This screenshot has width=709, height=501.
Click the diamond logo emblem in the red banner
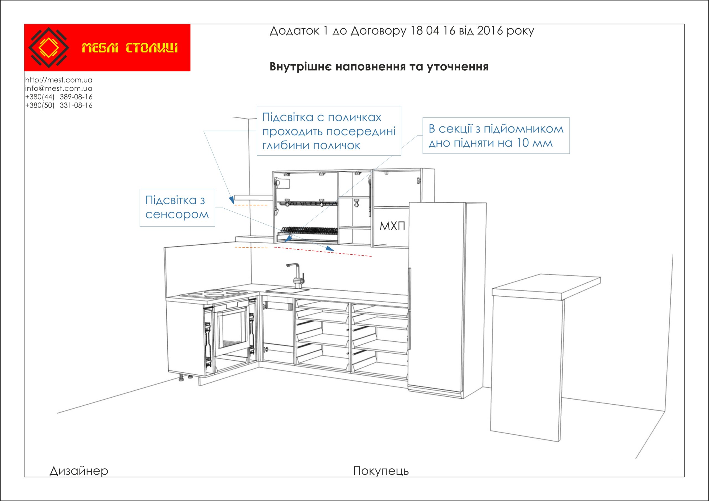[49, 48]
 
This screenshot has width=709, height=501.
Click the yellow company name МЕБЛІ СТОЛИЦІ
[130, 48]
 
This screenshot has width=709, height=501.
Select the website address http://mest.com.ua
[59, 80]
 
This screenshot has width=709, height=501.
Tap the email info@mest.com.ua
[59, 88]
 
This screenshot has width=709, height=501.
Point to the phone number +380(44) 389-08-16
[59, 97]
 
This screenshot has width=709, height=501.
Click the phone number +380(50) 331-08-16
[59, 105]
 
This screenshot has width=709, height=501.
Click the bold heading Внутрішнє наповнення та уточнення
[379, 67]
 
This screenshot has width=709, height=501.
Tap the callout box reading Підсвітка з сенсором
[177, 208]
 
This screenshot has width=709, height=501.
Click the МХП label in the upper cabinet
[392, 226]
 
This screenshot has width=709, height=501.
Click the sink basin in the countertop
[287, 290]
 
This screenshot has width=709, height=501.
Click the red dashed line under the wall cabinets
[323, 252]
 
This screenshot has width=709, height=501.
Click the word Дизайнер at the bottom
[79, 471]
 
